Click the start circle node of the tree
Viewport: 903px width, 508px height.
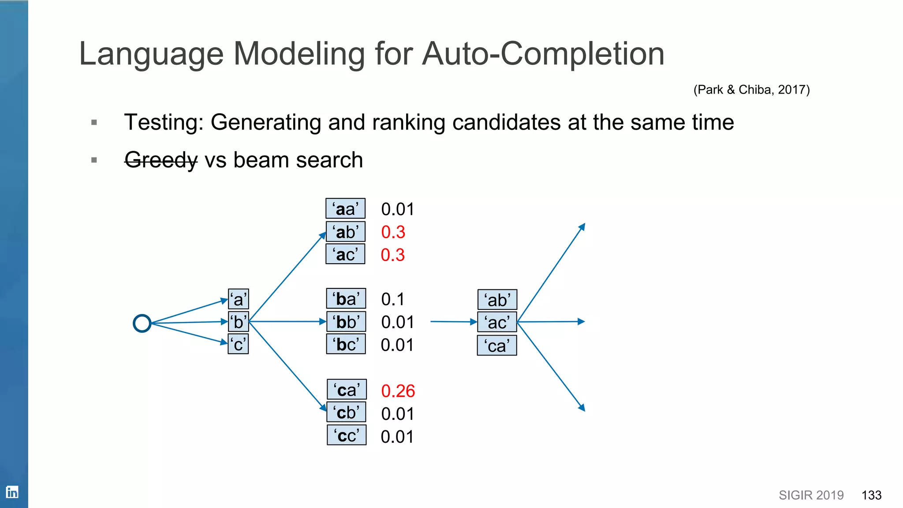coord(142,323)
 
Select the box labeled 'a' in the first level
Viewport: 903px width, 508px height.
coord(238,299)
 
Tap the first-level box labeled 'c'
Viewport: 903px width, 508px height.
coord(238,344)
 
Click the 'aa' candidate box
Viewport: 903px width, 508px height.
coord(345,209)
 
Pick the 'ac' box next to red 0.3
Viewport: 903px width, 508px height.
coord(345,254)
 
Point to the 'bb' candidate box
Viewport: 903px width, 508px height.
coord(346,322)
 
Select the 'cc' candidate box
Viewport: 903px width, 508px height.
coord(347,435)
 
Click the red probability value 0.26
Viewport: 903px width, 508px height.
coord(398,391)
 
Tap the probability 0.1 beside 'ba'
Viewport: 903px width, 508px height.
coord(392,299)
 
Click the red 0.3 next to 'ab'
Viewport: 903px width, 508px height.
coord(393,232)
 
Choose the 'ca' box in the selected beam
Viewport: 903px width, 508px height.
coord(497,346)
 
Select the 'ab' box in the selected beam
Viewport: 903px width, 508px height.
coord(497,300)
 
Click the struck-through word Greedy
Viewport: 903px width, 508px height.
coord(161,160)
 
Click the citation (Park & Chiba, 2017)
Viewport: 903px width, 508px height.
coord(751,90)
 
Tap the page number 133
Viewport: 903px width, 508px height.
coord(871,495)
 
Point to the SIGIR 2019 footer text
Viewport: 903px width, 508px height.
coord(811,495)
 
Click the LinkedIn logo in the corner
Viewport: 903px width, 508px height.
coord(12,492)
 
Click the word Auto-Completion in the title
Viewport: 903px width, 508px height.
coord(543,54)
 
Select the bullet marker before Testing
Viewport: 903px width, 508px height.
coord(94,122)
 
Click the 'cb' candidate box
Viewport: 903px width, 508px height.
coord(346,413)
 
